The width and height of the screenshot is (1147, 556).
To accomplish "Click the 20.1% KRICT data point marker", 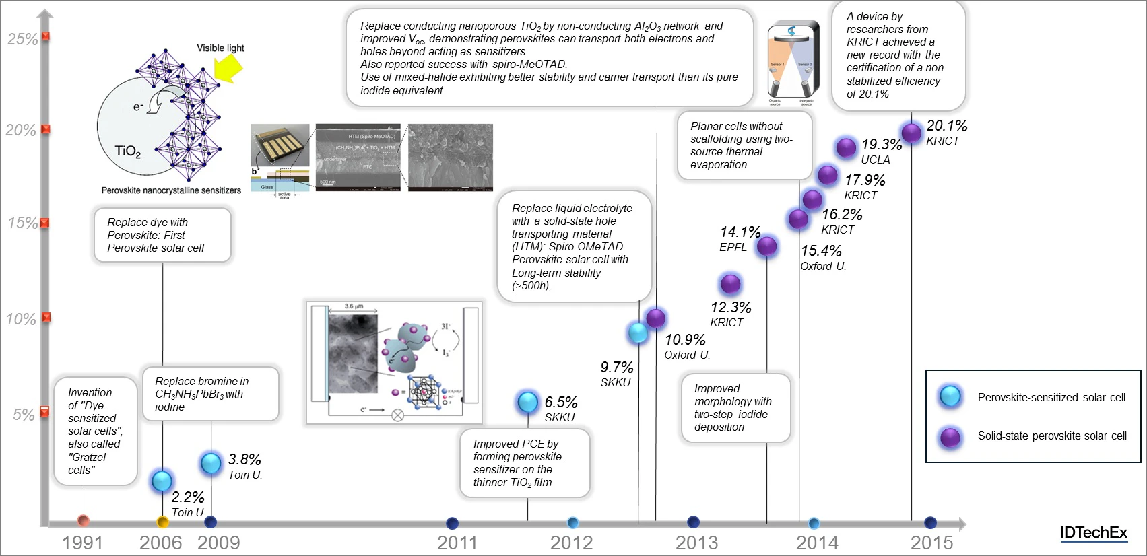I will (x=911, y=133).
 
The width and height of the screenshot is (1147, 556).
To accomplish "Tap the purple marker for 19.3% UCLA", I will (x=846, y=147).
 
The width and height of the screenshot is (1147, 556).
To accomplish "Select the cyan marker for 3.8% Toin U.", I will (x=211, y=463).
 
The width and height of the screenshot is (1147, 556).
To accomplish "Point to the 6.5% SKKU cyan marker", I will (x=527, y=402).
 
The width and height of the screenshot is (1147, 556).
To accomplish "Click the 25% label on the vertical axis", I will (x=22, y=39).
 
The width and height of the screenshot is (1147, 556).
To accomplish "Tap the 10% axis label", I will (x=21, y=319).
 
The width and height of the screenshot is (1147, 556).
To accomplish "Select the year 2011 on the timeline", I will (x=457, y=543).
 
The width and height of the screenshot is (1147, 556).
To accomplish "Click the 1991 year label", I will (x=82, y=543).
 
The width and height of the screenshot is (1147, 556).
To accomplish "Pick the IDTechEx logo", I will (x=1093, y=533).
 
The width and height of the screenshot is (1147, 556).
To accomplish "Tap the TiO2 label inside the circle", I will (x=127, y=151).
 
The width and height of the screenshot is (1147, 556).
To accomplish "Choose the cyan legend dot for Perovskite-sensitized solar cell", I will (x=950, y=396).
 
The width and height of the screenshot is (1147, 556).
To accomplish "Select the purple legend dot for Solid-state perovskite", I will (x=950, y=437).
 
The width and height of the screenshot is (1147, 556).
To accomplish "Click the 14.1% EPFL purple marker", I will (x=766, y=246).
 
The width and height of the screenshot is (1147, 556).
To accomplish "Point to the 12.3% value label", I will (x=731, y=308).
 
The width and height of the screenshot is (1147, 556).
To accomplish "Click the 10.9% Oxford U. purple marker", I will (x=655, y=318).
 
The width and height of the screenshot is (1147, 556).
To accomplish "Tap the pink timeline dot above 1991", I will (x=84, y=520).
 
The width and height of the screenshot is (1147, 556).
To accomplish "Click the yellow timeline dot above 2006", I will (x=162, y=522).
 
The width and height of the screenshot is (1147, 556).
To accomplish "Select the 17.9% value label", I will (x=865, y=180).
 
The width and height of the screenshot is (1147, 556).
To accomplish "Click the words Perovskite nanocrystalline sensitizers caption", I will (x=171, y=190).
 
